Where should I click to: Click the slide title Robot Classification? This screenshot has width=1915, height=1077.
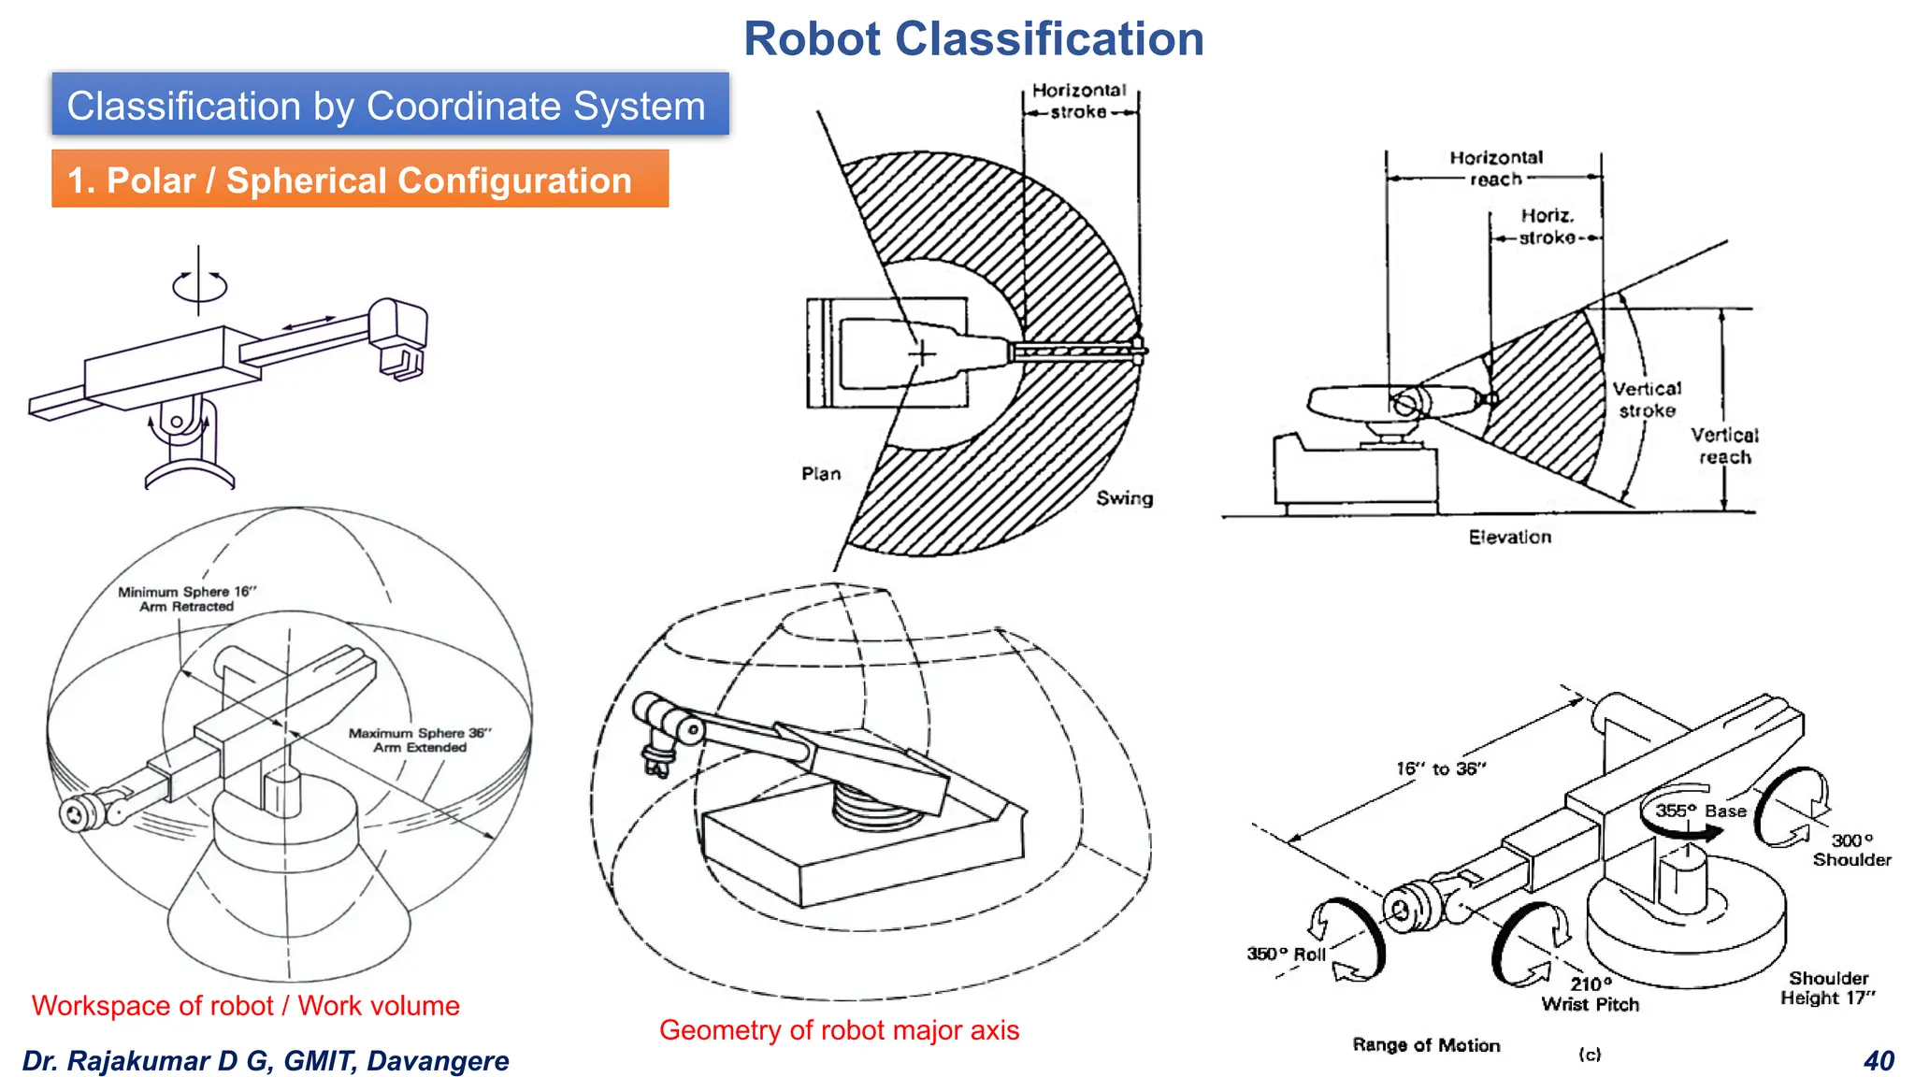tap(973, 39)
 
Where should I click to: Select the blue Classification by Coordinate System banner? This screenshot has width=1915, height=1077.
tap(389, 105)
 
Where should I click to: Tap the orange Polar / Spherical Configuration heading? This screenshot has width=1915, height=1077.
tap(359, 179)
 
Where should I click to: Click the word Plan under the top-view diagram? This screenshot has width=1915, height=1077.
tap(820, 474)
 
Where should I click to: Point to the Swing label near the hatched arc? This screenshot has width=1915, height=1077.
tap(1124, 498)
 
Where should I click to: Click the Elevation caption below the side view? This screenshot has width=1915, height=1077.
tap(1508, 538)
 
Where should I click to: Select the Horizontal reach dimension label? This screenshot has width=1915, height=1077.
tap(1495, 168)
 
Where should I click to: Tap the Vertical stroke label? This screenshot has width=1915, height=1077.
tap(1646, 399)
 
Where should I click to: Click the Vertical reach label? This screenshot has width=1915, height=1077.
tap(1723, 446)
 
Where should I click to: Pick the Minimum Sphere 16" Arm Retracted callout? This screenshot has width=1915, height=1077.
tap(186, 598)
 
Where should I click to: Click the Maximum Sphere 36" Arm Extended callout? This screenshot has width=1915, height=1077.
tap(419, 740)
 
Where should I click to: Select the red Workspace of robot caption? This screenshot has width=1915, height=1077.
tap(245, 1006)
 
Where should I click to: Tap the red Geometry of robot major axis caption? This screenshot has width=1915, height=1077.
tap(839, 1030)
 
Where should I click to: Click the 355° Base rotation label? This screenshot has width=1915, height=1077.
tap(1700, 811)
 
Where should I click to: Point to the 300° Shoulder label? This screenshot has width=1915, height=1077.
tap(1850, 850)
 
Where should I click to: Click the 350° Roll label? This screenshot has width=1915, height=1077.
tap(1286, 955)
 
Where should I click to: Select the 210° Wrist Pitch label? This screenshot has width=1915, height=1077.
tap(1590, 995)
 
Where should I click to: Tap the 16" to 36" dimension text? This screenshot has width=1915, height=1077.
tap(1440, 768)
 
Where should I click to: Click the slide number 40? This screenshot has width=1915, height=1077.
tap(1878, 1061)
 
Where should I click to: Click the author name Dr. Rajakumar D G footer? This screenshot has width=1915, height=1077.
tap(265, 1061)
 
